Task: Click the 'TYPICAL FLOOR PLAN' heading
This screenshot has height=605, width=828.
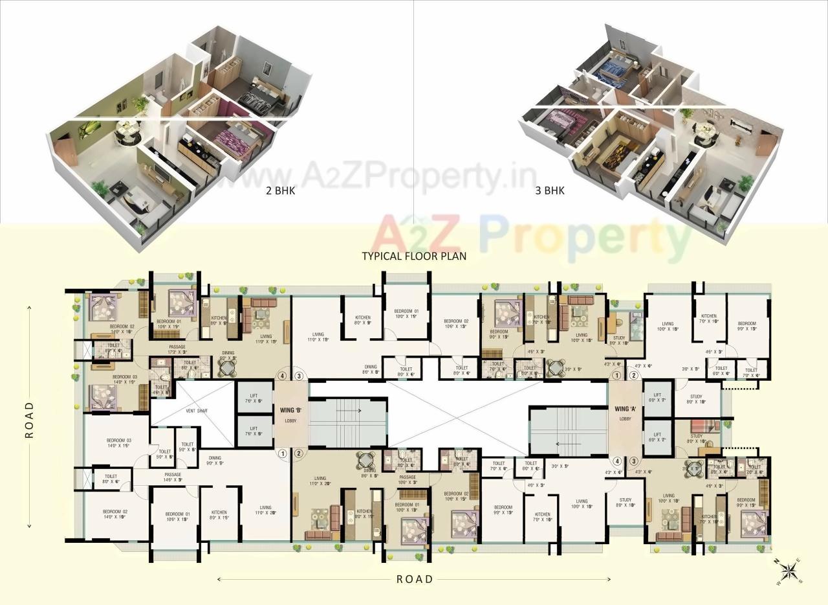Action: click(414, 256)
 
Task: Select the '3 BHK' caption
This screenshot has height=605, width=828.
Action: click(550, 190)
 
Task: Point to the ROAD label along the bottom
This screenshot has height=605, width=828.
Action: click(415, 579)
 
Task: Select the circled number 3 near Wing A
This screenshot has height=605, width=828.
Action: click(634, 461)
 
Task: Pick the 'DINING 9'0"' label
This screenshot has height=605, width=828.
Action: click(214, 461)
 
